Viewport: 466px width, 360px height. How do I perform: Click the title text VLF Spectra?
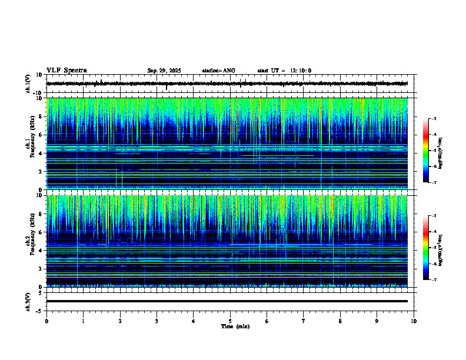click(66, 71)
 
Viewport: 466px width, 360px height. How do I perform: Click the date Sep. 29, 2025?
click(164, 71)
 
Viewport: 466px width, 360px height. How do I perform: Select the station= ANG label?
click(218, 71)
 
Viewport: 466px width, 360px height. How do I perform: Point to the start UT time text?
click(284, 71)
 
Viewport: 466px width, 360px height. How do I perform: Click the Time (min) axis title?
click(235, 326)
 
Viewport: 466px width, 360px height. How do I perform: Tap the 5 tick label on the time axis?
click(230, 321)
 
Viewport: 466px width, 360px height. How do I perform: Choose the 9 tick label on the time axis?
click(377, 321)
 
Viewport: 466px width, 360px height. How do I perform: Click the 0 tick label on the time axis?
click(46, 321)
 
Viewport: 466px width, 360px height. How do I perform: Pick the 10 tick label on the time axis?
click(414, 321)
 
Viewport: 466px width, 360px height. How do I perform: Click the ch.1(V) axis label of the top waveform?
click(28, 84)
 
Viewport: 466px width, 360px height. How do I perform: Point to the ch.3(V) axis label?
click(28, 301)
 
